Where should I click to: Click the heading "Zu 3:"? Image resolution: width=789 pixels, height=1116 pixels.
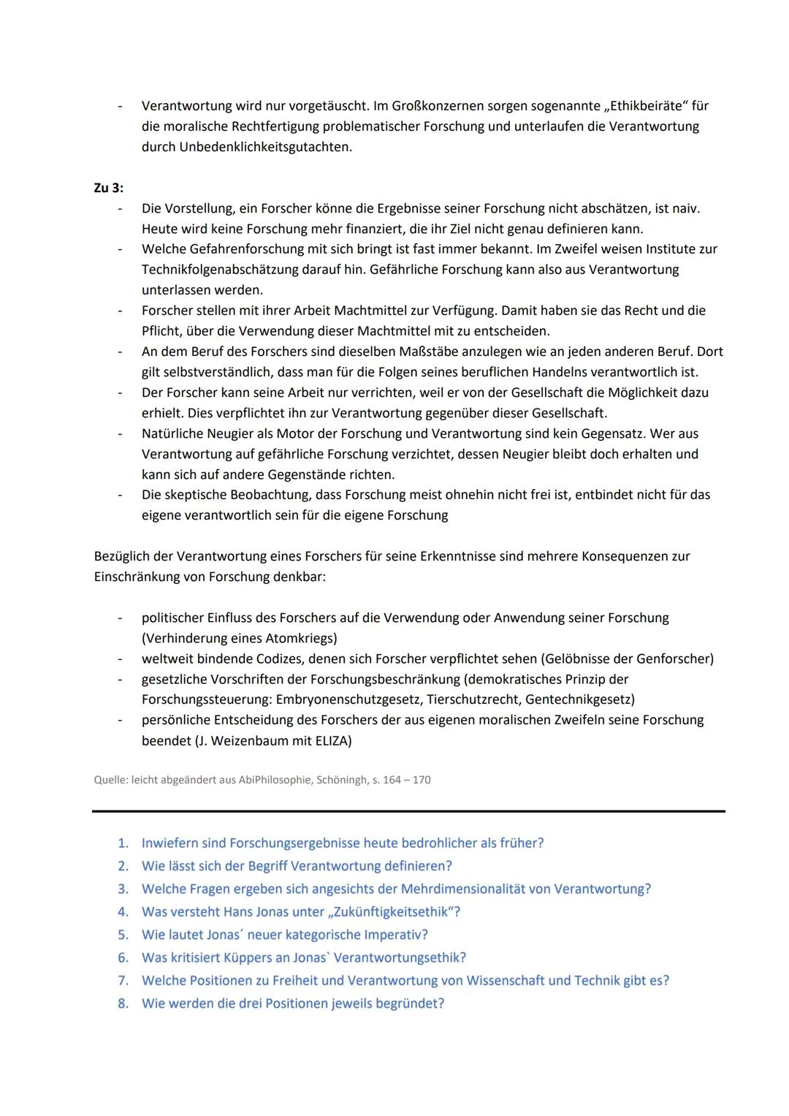click(108, 188)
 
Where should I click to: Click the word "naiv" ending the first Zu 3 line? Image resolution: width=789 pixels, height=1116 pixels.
click(685, 208)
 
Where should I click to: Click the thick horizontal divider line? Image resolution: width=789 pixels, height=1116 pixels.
click(408, 811)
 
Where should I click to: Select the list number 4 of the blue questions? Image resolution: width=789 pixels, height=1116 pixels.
click(123, 912)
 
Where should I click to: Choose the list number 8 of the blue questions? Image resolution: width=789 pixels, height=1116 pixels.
click(123, 1003)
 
